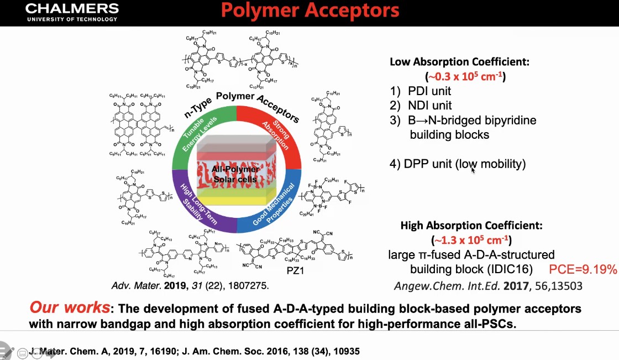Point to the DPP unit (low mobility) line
(x=457, y=164)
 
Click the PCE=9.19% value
(x=583, y=270)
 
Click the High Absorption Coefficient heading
(x=471, y=226)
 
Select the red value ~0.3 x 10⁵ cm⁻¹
(x=465, y=77)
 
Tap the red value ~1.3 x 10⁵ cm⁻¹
(x=471, y=240)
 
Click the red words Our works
(x=69, y=308)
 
